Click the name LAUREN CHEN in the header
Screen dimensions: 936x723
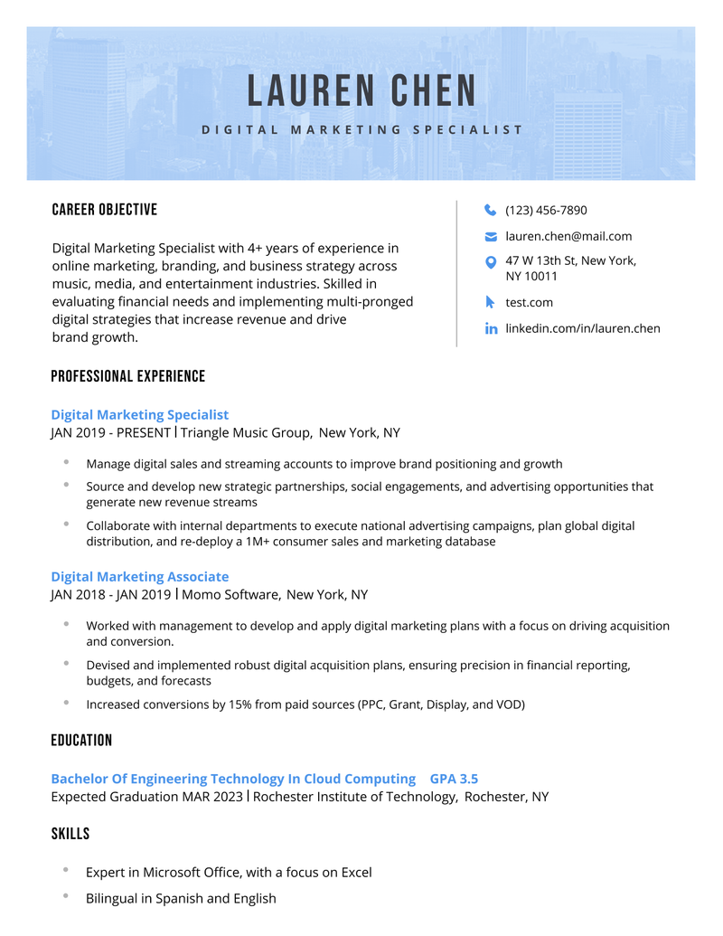(x=361, y=91)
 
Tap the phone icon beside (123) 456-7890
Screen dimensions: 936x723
(x=491, y=210)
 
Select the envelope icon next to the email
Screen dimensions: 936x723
(x=491, y=237)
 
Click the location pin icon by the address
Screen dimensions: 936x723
(x=491, y=262)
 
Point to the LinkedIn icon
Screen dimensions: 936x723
(x=491, y=329)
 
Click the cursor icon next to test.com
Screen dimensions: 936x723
(x=491, y=302)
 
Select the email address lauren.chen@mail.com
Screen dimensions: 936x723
(x=568, y=237)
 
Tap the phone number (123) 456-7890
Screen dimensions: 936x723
(x=546, y=211)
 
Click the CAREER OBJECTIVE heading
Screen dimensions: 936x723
(x=105, y=210)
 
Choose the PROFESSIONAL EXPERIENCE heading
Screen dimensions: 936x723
(x=128, y=376)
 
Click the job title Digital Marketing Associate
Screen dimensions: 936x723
(x=140, y=577)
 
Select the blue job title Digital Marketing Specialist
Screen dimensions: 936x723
(x=140, y=415)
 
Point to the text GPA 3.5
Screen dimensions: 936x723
(x=454, y=779)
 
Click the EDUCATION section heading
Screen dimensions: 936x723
(x=81, y=741)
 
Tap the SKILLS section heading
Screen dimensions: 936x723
(x=70, y=834)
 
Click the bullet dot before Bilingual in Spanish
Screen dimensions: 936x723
(x=66, y=895)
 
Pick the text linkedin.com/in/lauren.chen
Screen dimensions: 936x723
(x=583, y=328)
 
